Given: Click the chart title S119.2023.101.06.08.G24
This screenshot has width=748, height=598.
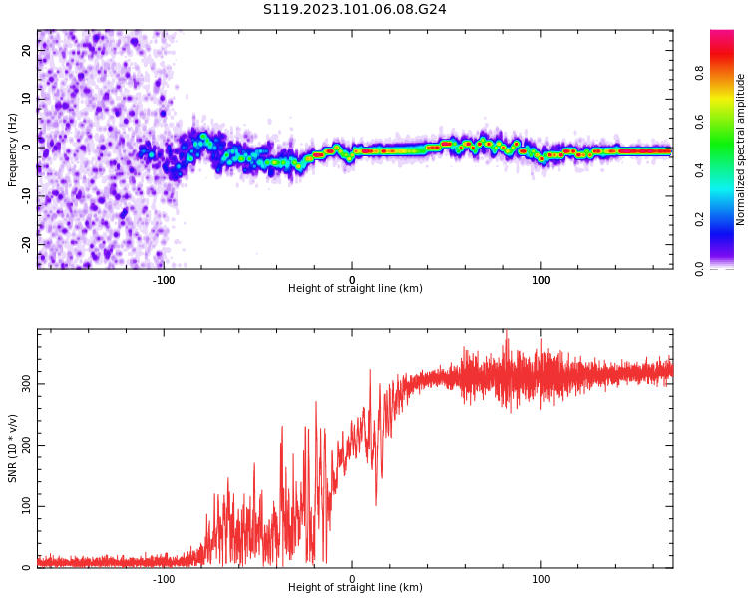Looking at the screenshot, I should tap(355, 10).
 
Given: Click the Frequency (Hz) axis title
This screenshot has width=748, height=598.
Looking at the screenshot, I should tap(13, 150).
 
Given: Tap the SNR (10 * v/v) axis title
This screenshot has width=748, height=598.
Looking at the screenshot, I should tap(13, 448).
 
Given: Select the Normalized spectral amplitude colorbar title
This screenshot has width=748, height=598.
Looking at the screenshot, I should tap(741, 149).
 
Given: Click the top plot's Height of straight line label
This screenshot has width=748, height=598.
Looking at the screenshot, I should tap(355, 289).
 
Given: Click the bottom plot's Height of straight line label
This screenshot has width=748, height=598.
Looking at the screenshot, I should tap(355, 588).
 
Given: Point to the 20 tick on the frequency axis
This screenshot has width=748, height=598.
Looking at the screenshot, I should tap(27, 49).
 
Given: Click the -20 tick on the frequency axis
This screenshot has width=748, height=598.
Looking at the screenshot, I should tap(27, 243).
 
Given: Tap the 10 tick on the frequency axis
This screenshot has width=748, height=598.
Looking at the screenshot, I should tap(27, 98).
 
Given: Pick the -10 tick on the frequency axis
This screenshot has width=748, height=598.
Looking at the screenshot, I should tap(27, 194).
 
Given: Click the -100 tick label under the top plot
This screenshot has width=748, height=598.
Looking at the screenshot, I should tap(164, 280).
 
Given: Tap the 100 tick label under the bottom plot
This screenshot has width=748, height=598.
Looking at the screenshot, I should tap(541, 579).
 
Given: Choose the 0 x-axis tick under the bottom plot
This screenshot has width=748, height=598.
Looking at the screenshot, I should tap(352, 579).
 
